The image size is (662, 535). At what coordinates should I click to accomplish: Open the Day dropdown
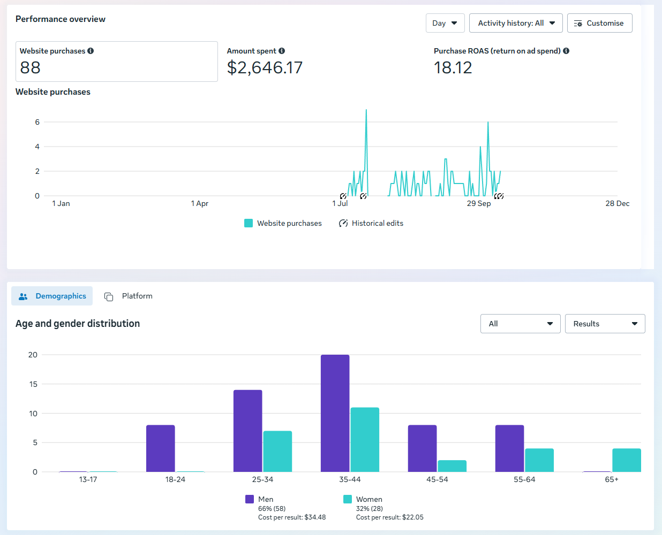445,23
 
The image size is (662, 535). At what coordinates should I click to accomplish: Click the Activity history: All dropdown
515,23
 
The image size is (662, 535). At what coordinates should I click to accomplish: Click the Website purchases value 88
31,68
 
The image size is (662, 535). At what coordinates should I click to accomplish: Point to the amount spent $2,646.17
265,68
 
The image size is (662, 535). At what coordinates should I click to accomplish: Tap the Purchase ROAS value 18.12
453,68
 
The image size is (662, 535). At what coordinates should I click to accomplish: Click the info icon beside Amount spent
282,51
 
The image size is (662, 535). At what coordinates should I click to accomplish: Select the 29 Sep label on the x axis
478,203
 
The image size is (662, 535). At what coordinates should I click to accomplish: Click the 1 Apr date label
199,203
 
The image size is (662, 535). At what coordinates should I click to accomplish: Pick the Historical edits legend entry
371,223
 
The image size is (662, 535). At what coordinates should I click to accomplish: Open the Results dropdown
605,324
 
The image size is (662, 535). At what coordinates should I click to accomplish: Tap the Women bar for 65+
626,460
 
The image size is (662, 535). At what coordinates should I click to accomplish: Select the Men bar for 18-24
160,448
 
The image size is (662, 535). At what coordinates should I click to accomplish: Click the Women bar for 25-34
277,451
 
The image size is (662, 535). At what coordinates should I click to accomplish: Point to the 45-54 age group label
437,479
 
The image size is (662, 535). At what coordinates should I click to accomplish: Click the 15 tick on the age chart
33,384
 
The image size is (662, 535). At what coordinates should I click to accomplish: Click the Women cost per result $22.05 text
389,517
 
